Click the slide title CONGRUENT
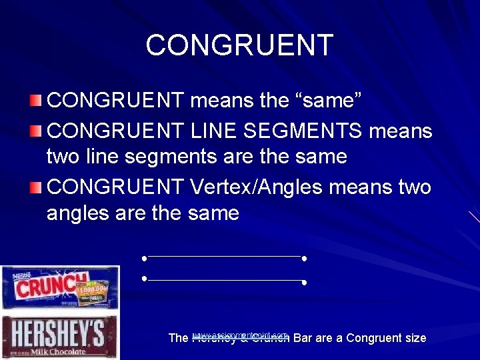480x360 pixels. click(x=239, y=45)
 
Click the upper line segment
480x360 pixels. click(x=224, y=256)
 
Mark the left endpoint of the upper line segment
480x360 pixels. click(x=144, y=257)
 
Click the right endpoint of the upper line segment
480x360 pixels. click(x=304, y=257)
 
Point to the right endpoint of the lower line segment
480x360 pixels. click(x=304, y=283)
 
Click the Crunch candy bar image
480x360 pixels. click(x=60, y=287)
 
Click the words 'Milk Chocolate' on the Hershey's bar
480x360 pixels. click(x=60, y=351)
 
